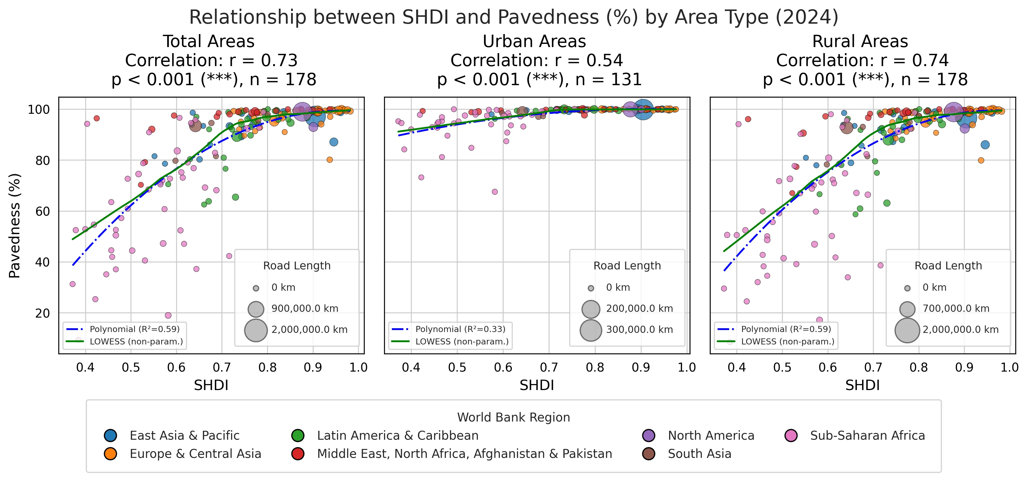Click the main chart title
[x=514, y=18]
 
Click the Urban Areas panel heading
[x=534, y=42]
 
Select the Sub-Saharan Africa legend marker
[x=791, y=436]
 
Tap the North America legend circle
[x=649, y=436]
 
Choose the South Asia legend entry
[x=699, y=454]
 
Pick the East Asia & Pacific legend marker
[x=110, y=436]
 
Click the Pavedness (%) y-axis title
[x=15, y=225]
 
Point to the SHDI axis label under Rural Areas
[x=862, y=385]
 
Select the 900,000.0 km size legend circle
[x=256, y=309]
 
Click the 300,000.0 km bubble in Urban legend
[x=591, y=330]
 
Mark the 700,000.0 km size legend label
[x=956, y=309]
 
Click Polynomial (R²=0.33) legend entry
[x=460, y=329]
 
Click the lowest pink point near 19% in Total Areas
[x=168, y=315]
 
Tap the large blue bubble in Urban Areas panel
[x=643, y=110]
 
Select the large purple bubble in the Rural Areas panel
[x=953, y=111]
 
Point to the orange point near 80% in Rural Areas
[x=981, y=160]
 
